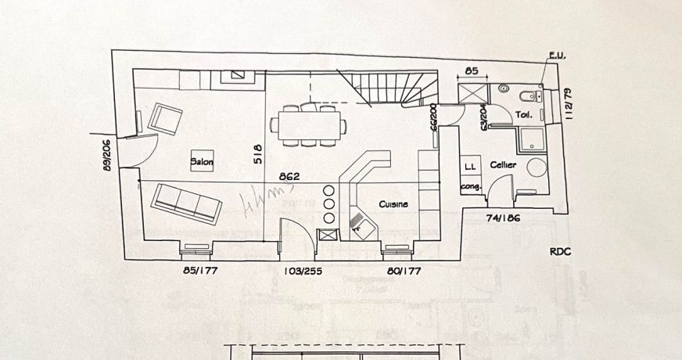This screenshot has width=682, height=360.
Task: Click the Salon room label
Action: point(203,162)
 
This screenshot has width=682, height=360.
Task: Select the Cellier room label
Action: point(502,165)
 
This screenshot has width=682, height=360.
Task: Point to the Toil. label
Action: point(524,115)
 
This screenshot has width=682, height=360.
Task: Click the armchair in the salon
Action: point(166,118)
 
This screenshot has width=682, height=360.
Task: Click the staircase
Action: point(387,87)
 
